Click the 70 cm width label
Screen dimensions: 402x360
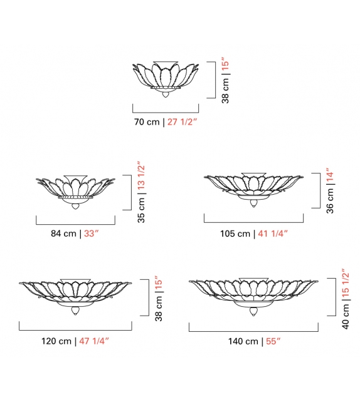coord(147,122)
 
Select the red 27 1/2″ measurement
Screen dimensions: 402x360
coord(183,122)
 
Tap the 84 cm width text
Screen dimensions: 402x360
coord(64,234)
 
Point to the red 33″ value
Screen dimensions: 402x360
coord(93,234)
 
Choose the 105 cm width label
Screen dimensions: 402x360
coord(235,234)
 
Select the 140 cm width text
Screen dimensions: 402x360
coord(243,341)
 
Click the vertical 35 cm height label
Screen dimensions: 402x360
coord(142,210)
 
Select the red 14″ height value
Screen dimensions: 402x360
coord(331,175)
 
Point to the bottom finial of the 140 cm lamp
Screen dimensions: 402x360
coord(253,311)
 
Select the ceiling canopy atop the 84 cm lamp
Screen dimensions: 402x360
coord(75,177)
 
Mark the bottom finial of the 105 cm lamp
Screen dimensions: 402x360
coord(253,204)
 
